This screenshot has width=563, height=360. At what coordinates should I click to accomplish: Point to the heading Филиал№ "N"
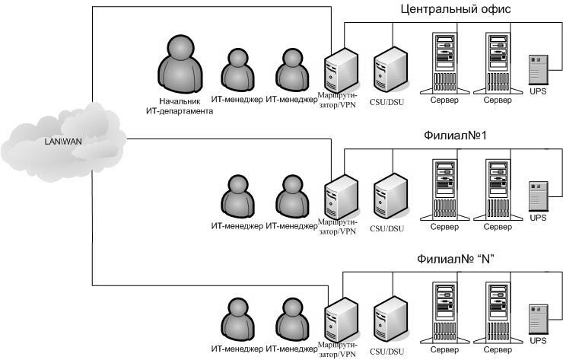pos(457,259)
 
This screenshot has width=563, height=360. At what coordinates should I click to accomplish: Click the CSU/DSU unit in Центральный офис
pos(390,68)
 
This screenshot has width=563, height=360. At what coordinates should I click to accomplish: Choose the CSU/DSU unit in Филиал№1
pos(390,194)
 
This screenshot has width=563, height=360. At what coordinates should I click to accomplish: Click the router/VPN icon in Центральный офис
pos(340,69)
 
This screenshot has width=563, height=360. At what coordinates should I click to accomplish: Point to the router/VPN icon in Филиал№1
pos(340,195)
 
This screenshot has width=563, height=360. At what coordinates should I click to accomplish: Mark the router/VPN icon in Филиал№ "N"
pos(340,319)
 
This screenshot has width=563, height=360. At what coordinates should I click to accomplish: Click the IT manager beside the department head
pos(238,73)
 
